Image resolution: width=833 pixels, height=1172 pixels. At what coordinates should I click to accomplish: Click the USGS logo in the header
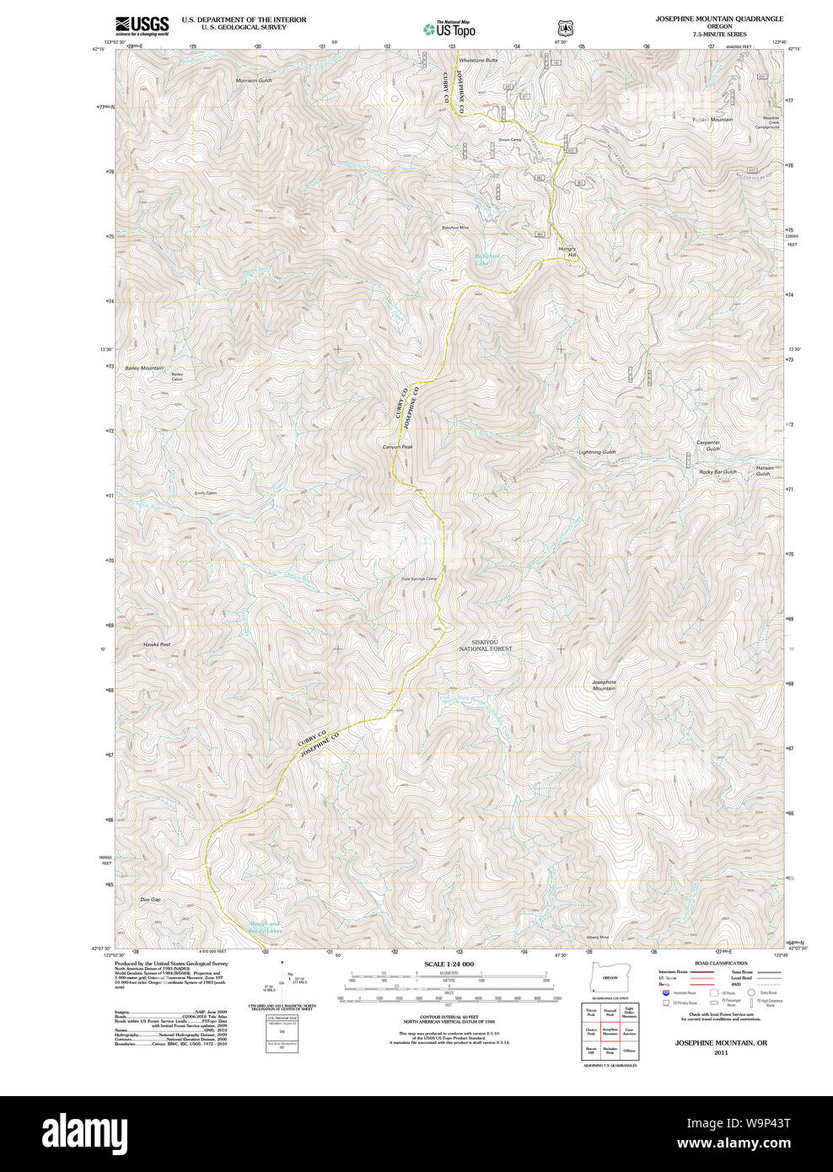click(x=142, y=25)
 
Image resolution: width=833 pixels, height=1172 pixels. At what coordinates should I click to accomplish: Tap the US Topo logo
click(x=449, y=29)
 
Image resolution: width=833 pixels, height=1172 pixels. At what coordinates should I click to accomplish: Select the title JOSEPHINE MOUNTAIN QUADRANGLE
click(x=719, y=19)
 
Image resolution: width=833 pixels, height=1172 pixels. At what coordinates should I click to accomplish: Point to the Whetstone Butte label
click(x=478, y=61)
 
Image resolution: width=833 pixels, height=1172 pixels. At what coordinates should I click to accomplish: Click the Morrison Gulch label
click(x=254, y=81)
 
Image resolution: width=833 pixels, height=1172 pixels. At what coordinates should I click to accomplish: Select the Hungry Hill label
click(x=566, y=251)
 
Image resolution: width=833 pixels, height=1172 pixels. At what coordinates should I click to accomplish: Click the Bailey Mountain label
click(x=143, y=368)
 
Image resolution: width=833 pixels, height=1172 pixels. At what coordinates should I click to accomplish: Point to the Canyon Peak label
click(x=397, y=447)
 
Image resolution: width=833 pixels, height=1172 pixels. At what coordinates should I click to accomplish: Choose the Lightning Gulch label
click(x=597, y=452)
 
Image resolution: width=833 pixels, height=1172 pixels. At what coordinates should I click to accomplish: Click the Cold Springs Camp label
click(x=419, y=578)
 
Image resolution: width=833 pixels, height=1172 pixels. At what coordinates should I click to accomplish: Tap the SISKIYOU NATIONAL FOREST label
click(x=486, y=646)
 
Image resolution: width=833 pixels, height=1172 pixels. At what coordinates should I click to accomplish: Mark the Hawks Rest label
click(x=157, y=644)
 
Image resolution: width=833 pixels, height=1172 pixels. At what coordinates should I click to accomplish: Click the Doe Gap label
click(x=150, y=900)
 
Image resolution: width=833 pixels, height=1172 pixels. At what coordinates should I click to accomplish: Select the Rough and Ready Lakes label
click(x=265, y=927)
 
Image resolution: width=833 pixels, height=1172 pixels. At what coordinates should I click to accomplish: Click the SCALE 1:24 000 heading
click(x=449, y=964)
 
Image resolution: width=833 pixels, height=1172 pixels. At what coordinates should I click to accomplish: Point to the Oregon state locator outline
click(x=606, y=977)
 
